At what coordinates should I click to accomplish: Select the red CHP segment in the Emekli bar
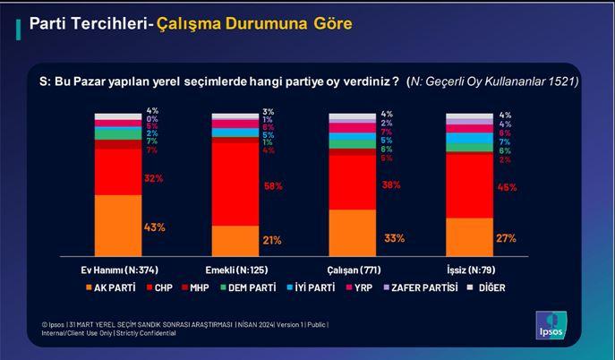point(235,184)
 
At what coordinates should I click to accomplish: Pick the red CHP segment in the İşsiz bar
point(469,185)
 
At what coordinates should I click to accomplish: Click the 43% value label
point(155,227)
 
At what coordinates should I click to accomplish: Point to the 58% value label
point(272,186)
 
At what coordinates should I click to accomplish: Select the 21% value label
point(272,240)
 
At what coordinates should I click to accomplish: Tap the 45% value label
point(507,187)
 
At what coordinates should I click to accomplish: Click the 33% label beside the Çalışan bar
point(393,238)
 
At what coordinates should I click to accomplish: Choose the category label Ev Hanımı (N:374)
point(117,269)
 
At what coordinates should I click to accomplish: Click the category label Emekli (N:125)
point(235,269)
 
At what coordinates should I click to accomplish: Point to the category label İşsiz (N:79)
point(469,269)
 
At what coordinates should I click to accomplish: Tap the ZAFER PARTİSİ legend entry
point(418,287)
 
